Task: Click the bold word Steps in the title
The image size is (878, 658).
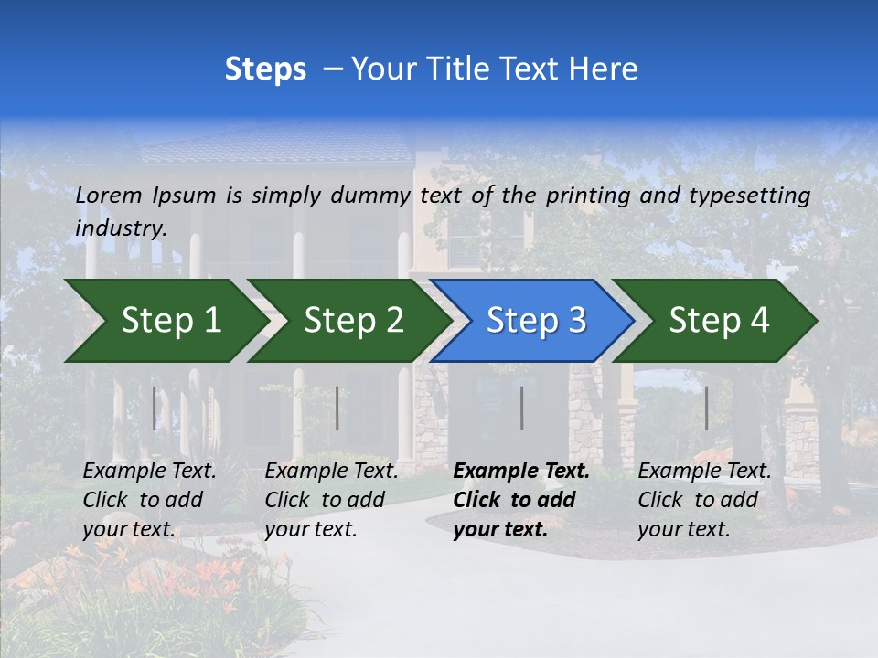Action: click(265, 69)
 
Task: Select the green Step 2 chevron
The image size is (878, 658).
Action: click(353, 320)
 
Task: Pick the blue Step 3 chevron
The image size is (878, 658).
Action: click(536, 320)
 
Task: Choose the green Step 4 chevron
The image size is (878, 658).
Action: click(719, 320)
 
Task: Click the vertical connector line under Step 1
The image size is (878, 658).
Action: click(155, 408)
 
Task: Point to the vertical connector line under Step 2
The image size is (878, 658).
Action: click(337, 408)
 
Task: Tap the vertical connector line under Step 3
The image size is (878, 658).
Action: click(522, 408)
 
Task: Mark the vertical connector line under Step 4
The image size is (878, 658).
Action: click(707, 408)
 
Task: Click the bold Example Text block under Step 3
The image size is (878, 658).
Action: click(521, 500)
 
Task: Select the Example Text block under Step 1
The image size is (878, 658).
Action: click(149, 500)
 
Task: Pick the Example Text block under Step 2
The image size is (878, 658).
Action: click(331, 500)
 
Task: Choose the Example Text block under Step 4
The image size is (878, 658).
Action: click(704, 500)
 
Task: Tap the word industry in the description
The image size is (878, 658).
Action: click(121, 228)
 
